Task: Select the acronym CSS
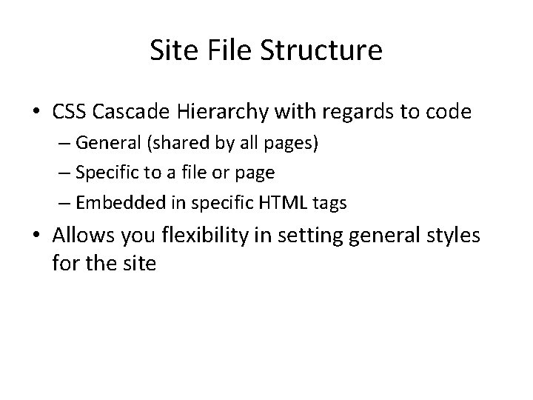[68, 112]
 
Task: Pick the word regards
[337, 113]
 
